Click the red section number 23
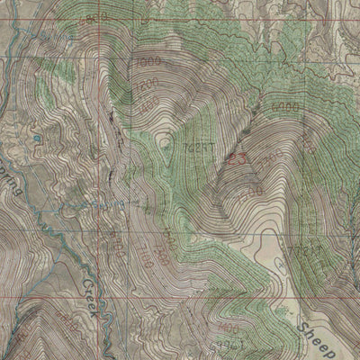238,159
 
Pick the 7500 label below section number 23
253,192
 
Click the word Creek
96,290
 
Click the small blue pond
37,139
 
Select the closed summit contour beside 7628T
168,141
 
